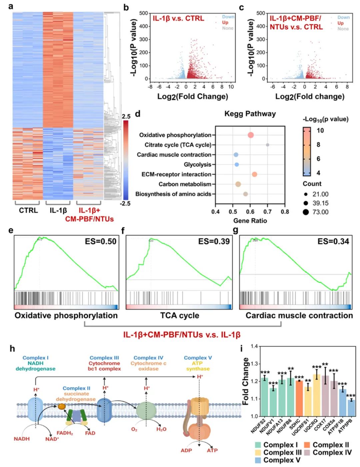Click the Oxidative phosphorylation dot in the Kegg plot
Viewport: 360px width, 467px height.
coord(251,135)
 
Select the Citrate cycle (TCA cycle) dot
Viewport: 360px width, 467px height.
coord(267,145)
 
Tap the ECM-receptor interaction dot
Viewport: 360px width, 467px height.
coord(254,174)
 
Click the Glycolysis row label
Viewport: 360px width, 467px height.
coord(197,164)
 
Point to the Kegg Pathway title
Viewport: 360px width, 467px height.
coord(250,114)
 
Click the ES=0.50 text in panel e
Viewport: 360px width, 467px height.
coord(100,242)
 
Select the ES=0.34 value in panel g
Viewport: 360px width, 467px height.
coord(333,242)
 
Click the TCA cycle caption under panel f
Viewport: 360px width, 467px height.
coord(179,316)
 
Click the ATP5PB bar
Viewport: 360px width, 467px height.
coord(351,408)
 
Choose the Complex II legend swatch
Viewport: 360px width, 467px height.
coord(307,445)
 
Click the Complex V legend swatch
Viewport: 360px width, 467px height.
coord(258,460)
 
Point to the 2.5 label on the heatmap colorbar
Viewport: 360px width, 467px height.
coord(126,116)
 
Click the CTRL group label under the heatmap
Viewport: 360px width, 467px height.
coord(28,210)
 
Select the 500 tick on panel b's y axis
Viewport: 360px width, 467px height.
coord(144,13)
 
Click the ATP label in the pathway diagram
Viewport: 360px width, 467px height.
coord(212,450)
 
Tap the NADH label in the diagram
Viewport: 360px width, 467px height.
coord(22,439)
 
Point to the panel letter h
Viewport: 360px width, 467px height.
coord(12,349)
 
